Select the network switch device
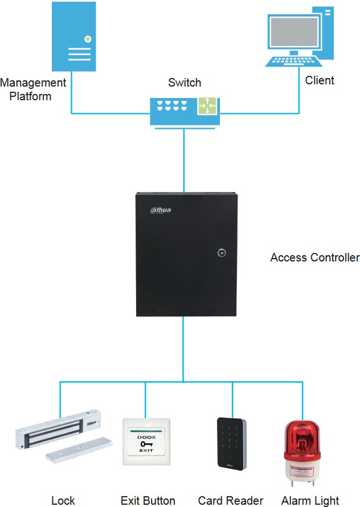click(x=184, y=111)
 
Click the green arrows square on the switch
click(x=207, y=107)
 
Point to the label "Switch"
click(x=185, y=83)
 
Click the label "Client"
click(x=320, y=80)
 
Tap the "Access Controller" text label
click(x=314, y=257)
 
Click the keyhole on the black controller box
click(x=220, y=252)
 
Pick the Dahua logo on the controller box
click(x=161, y=210)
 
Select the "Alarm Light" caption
click(x=310, y=501)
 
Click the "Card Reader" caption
click(x=231, y=501)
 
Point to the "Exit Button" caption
click(x=148, y=501)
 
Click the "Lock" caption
click(x=63, y=501)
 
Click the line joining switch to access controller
click(x=183, y=160)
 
